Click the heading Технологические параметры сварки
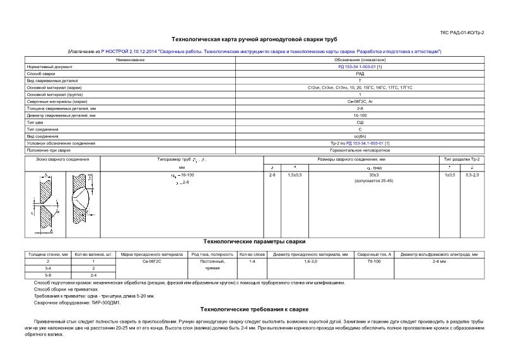[254, 241]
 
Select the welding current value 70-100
[374, 260]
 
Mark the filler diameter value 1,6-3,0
[310, 260]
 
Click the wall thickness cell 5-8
[48, 275]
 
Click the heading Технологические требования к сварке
[254, 310]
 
